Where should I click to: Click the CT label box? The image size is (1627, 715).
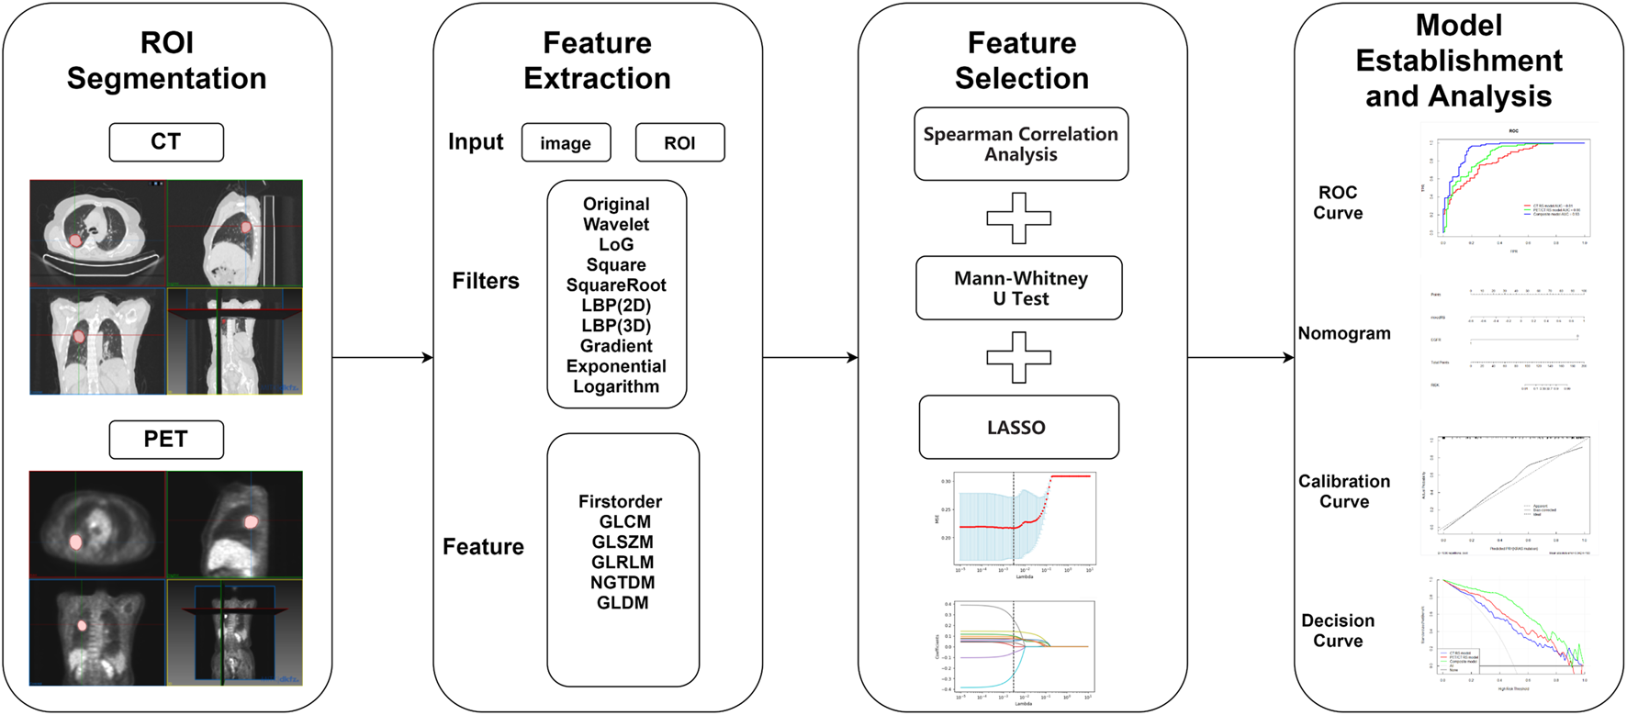coord(166,142)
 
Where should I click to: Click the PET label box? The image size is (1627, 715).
coord(166,440)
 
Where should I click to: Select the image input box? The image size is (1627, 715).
coord(566,143)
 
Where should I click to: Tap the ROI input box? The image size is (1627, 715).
coord(679,143)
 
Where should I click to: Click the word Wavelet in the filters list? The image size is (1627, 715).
coord(616,225)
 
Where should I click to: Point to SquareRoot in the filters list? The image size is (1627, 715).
coord(616,285)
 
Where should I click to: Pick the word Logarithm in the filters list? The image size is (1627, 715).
coord(616,386)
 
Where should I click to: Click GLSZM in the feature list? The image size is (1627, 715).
coord(623,542)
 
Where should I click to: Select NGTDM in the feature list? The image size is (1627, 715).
coord(623,583)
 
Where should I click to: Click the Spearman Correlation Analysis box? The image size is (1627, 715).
coord(1020,144)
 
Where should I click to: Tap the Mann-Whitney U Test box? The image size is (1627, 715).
coord(1019,288)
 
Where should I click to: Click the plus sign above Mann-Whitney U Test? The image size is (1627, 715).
coord(1018,218)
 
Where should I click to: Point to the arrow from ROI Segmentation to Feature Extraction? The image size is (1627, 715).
coord(382,358)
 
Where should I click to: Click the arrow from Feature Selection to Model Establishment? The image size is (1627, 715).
coord(1240,358)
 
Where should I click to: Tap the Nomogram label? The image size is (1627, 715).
coord(1343,334)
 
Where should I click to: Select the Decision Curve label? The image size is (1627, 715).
coord(1338,631)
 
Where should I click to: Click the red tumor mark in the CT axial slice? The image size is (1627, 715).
coord(76,240)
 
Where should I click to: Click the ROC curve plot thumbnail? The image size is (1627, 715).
coord(1510,188)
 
